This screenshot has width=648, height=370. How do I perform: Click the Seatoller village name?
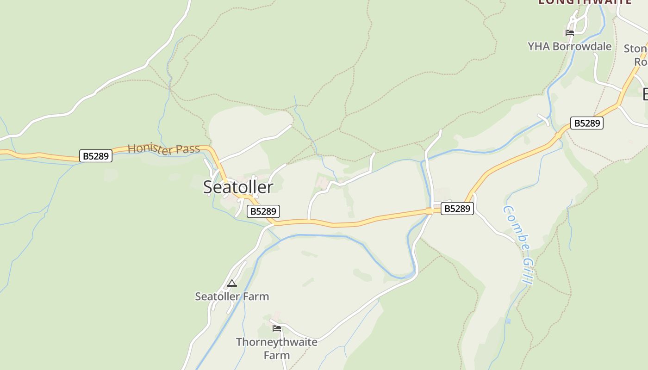pos(238,187)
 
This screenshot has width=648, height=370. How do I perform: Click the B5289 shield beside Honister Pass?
pos(96,156)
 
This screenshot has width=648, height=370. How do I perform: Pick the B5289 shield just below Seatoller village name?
pos(263,211)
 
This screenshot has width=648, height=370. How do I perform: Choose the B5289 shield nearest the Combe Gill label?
pos(457,209)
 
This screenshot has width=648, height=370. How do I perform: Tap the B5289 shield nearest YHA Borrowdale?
pos(586,123)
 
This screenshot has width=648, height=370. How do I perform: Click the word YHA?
pos(538,46)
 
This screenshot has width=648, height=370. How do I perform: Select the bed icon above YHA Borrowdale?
pos(569,32)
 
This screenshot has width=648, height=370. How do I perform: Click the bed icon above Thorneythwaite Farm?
pos(277,328)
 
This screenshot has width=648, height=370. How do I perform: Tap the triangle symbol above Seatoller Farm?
pos(232,283)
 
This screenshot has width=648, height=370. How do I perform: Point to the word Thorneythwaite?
pos(277,342)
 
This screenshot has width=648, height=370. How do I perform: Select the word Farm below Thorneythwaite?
pos(277,355)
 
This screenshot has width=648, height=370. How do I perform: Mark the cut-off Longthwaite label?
pos(585,2)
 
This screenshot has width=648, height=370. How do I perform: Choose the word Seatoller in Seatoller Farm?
pos(217,296)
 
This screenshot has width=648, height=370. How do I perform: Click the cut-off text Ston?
pos(635,49)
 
